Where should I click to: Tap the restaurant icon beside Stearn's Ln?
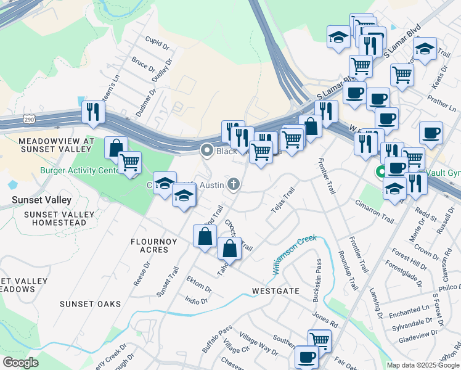click(93, 112)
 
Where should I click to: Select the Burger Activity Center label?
click(80, 170)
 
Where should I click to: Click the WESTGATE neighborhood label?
click(275, 290)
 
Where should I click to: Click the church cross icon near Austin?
click(234, 184)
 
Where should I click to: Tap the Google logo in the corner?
click(20, 363)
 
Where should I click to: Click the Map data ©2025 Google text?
click(423, 365)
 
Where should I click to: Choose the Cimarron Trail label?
click(374, 210)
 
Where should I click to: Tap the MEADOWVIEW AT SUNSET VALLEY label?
click(56, 145)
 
